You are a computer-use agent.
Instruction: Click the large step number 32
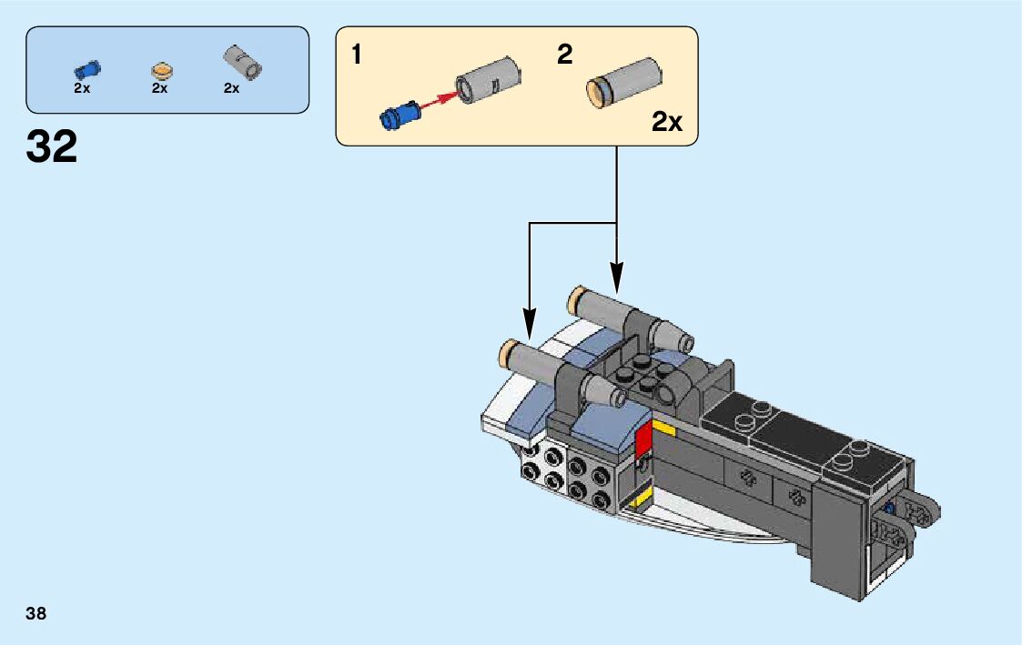click(52, 146)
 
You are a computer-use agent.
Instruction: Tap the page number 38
click(36, 613)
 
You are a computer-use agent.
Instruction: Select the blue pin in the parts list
click(87, 69)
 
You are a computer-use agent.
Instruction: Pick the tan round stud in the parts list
click(161, 70)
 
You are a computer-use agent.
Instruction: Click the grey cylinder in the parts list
click(243, 62)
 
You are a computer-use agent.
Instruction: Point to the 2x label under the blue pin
click(82, 88)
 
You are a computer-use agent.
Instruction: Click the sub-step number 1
click(357, 55)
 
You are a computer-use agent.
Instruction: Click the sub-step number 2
click(565, 55)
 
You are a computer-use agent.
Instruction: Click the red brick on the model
click(643, 439)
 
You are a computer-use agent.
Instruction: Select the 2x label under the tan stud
click(160, 88)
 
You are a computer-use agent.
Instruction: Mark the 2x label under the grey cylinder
click(231, 88)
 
